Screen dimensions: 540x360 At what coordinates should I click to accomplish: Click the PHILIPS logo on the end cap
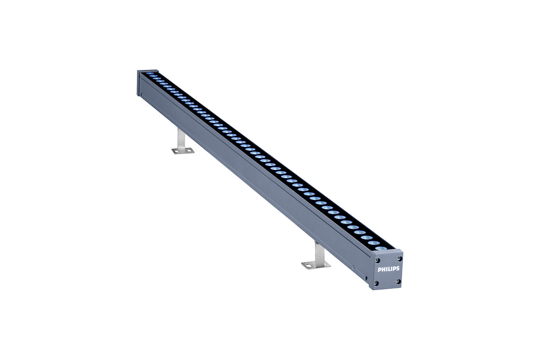[389, 269]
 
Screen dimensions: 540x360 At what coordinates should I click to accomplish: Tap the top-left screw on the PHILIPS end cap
[378, 260]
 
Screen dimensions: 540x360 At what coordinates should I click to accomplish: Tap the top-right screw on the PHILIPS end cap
[400, 259]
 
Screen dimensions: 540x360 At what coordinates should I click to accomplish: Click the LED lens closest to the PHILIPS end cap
[381, 248]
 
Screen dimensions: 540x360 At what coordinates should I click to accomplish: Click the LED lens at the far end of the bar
[150, 73]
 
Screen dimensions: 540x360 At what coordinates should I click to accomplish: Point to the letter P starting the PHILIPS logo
[379, 269]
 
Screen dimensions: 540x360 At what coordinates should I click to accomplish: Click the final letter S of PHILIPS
[398, 268]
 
